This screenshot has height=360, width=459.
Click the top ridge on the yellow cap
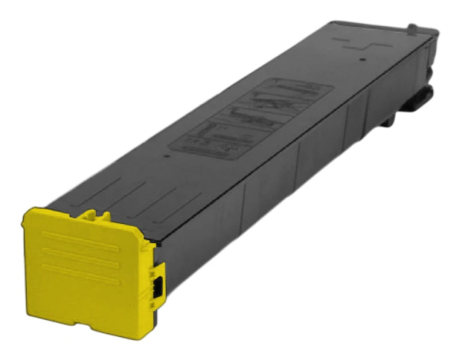81,234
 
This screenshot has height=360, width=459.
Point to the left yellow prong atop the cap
87,216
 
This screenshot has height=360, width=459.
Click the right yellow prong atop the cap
104,217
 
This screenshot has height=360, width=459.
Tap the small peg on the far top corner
411,27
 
